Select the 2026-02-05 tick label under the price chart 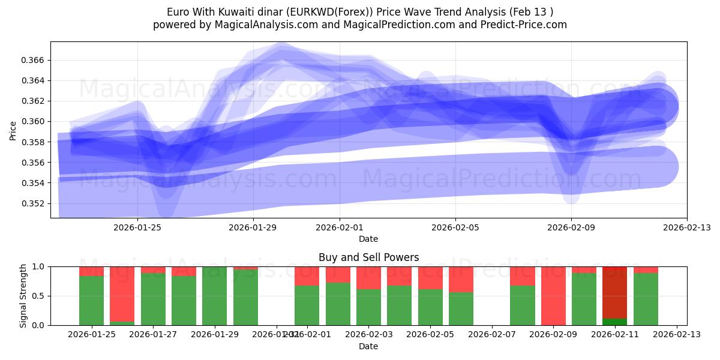(x=455, y=227)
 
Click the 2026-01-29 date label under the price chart (x=253, y=227)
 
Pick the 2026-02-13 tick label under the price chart (x=686, y=227)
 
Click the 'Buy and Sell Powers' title (x=368, y=257)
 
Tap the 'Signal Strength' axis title (x=23, y=296)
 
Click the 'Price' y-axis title (x=13, y=130)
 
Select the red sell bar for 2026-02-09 (x=553, y=296)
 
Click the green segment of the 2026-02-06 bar (x=461, y=308)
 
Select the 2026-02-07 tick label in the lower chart (x=491, y=334)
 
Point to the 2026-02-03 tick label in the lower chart (x=368, y=334)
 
